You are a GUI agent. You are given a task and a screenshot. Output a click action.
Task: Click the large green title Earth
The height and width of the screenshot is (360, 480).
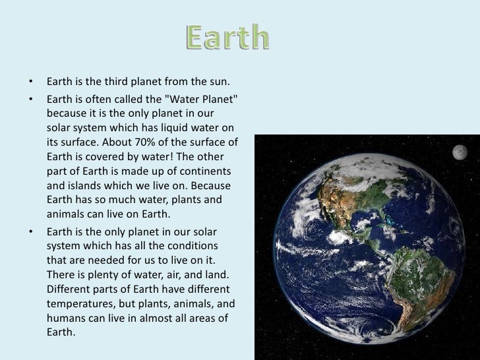226,38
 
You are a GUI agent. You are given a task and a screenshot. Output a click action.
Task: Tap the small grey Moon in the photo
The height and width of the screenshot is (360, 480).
459,152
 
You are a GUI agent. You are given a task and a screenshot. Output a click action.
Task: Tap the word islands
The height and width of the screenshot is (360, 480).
85,185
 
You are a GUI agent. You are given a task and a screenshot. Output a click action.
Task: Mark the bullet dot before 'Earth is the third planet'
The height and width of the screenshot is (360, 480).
30,82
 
